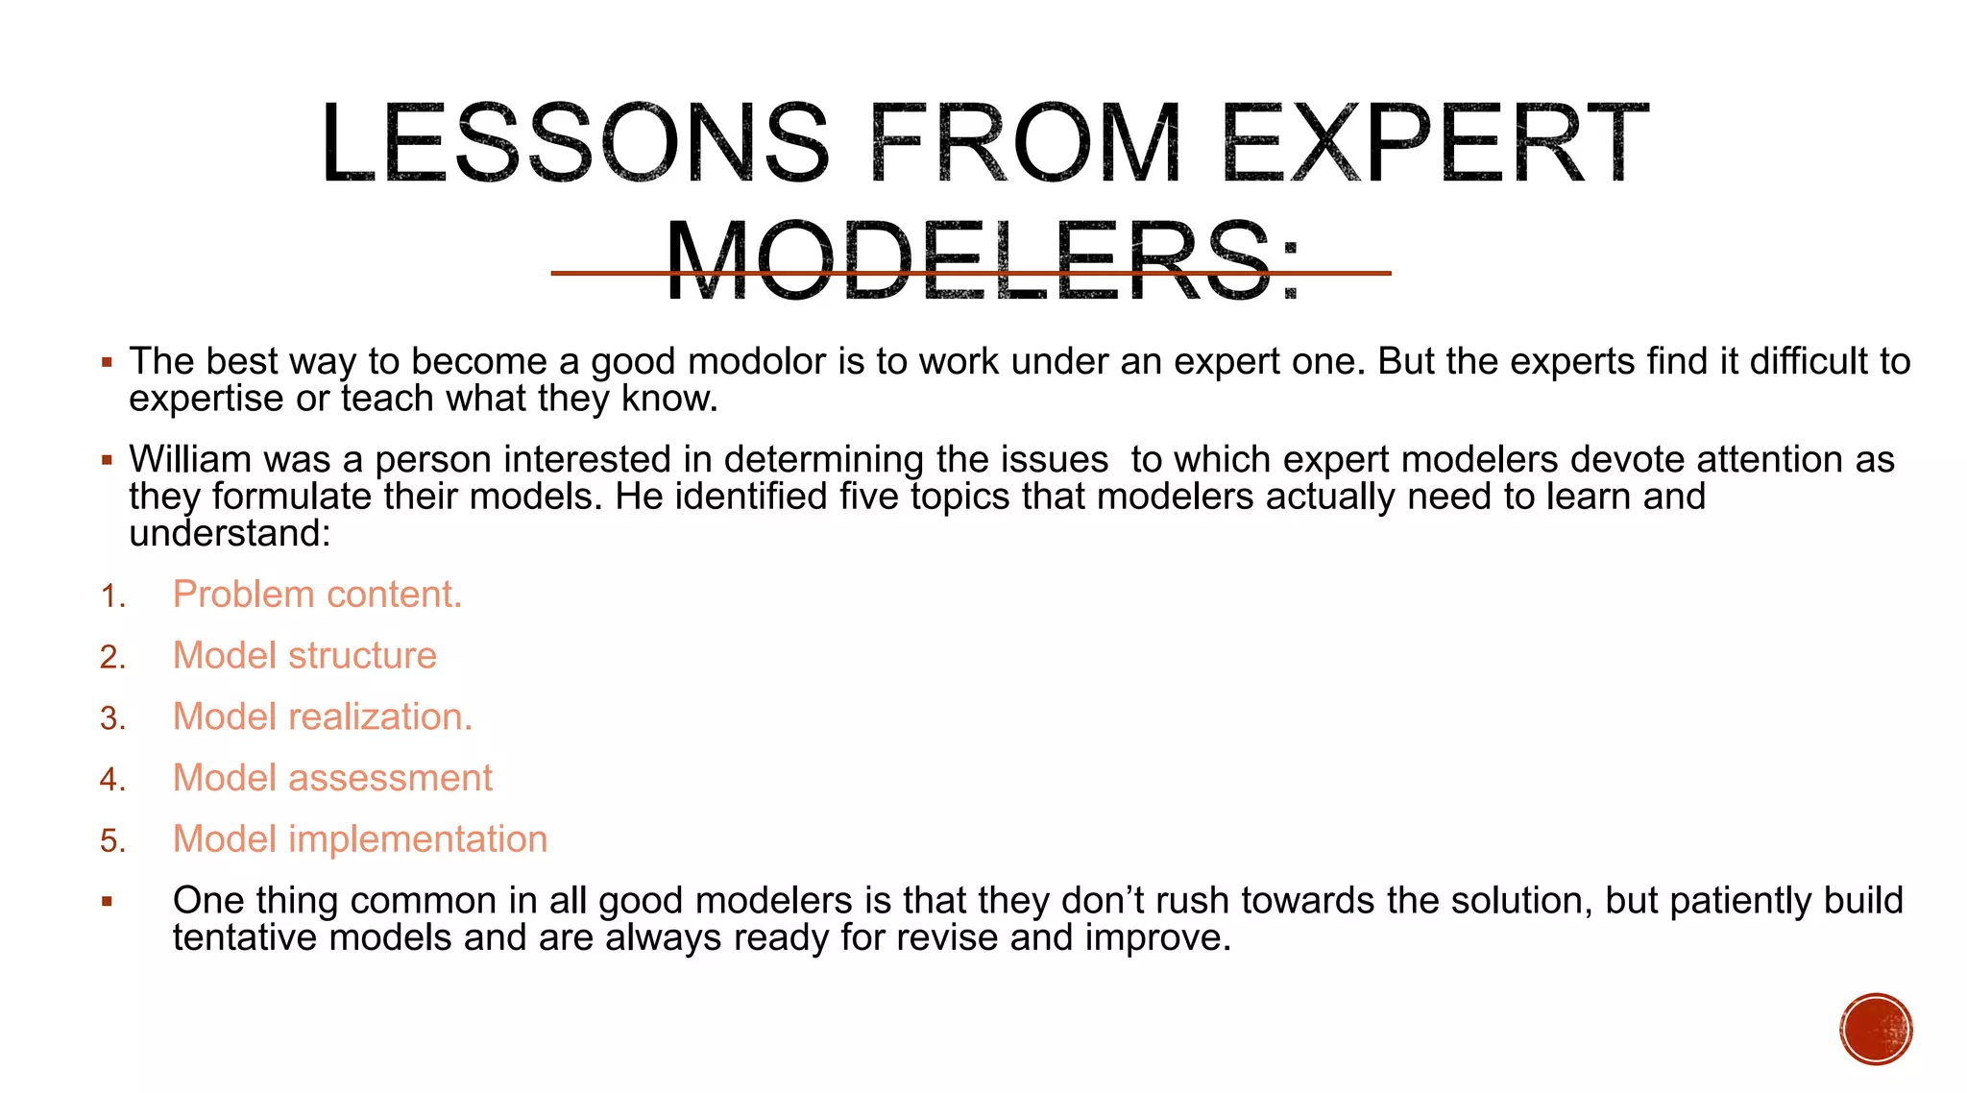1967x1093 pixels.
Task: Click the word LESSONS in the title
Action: pyautogui.click(x=574, y=144)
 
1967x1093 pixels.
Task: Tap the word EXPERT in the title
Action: pyautogui.click(x=1435, y=144)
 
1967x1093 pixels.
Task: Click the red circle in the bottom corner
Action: pyautogui.click(x=1876, y=1029)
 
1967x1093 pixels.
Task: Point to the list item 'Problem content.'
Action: pyautogui.click(x=317, y=595)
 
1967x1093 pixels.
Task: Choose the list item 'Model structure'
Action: pyautogui.click(x=304, y=656)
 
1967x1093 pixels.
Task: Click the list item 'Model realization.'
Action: pyautogui.click(x=323, y=717)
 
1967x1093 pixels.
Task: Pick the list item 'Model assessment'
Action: pyautogui.click(x=332, y=778)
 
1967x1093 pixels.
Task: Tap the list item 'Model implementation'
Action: pyautogui.click(x=360, y=839)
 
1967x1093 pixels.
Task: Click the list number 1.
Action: pyautogui.click(x=112, y=596)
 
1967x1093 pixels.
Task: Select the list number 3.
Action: pyautogui.click(x=112, y=718)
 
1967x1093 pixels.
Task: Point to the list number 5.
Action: pyautogui.click(x=112, y=841)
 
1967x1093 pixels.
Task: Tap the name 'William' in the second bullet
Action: pyautogui.click(x=189, y=459)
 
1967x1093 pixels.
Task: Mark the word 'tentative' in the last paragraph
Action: pyautogui.click(x=244, y=937)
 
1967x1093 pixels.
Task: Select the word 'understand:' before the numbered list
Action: pyautogui.click(x=230, y=533)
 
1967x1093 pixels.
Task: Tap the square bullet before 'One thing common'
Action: pyautogui.click(x=108, y=902)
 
